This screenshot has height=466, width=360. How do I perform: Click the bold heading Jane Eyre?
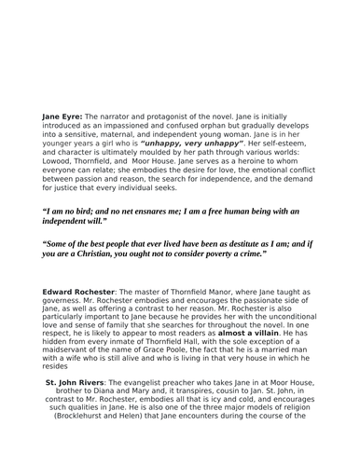[x=62, y=116]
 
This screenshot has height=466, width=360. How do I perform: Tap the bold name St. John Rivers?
[x=76, y=381]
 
